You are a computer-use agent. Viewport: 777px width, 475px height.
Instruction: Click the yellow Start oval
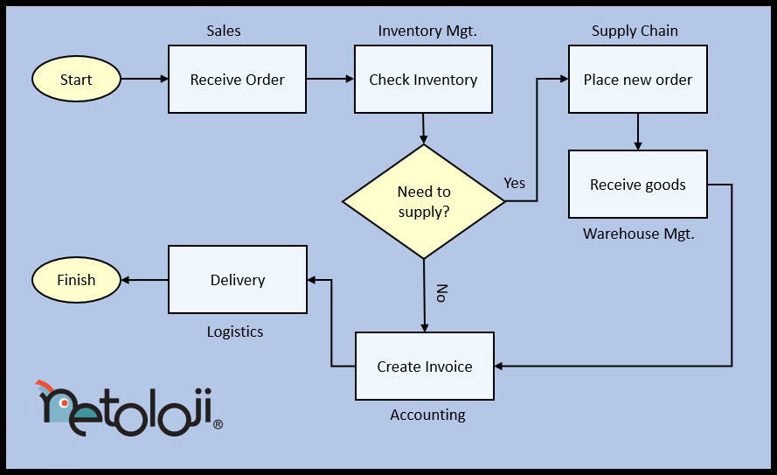pos(76,80)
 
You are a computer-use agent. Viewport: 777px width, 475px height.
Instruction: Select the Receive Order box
pos(237,80)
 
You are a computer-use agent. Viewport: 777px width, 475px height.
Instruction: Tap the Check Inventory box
pos(423,80)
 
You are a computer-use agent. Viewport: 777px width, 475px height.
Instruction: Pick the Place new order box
pos(637,80)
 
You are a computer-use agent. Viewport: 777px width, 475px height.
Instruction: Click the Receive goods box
pos(637,185)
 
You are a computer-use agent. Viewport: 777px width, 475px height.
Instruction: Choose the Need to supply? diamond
pos(424,202)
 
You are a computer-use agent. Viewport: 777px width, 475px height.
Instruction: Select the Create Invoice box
pos(424,367)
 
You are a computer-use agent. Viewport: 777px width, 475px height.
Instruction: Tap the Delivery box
pos(237,280)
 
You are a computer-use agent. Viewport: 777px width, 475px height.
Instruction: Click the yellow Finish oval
pos(76,280)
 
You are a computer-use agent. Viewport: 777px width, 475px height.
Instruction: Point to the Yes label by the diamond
pos(515,183)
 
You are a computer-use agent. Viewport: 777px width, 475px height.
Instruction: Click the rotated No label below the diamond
pos(441,293)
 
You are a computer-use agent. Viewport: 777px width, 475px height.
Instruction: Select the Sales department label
pos(224,31)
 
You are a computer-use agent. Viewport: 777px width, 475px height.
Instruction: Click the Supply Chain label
pos(635,31)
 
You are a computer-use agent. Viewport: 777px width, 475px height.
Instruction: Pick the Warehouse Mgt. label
pos(638,234)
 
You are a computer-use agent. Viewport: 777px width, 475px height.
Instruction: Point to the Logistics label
pos(235,332)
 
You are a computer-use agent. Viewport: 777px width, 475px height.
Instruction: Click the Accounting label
pos(427,415)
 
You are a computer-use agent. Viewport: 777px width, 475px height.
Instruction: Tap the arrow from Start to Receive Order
pos(144,80)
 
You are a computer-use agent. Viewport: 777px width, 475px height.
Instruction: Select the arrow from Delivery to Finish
pos(144,280)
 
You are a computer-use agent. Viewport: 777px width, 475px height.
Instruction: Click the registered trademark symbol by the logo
pos(218,425)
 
